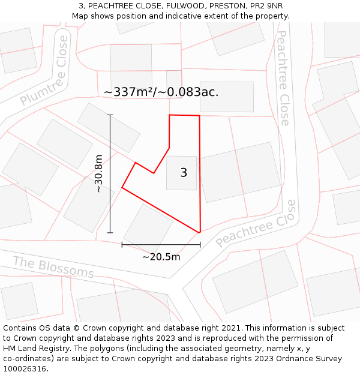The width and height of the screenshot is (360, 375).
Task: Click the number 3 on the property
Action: (x=184, y=173)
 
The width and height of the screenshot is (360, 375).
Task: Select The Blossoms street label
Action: (x=53, y=268)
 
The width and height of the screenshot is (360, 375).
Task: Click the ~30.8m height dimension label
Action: (x=99, y=173)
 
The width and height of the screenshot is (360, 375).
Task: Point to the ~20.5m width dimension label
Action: (x=161, y=257)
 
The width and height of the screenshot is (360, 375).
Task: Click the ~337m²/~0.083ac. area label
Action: (x=161, y=92)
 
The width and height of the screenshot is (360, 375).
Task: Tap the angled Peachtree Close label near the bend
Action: (x=256, y=223)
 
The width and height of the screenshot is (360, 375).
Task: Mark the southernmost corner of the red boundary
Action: (x=199, y=232)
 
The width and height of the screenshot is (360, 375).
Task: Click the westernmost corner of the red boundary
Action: (x=122, y=188)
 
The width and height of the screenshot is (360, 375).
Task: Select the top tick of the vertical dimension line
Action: (x=110, y=115)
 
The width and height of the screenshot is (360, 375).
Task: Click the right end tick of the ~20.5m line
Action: (x=200, y=245)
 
